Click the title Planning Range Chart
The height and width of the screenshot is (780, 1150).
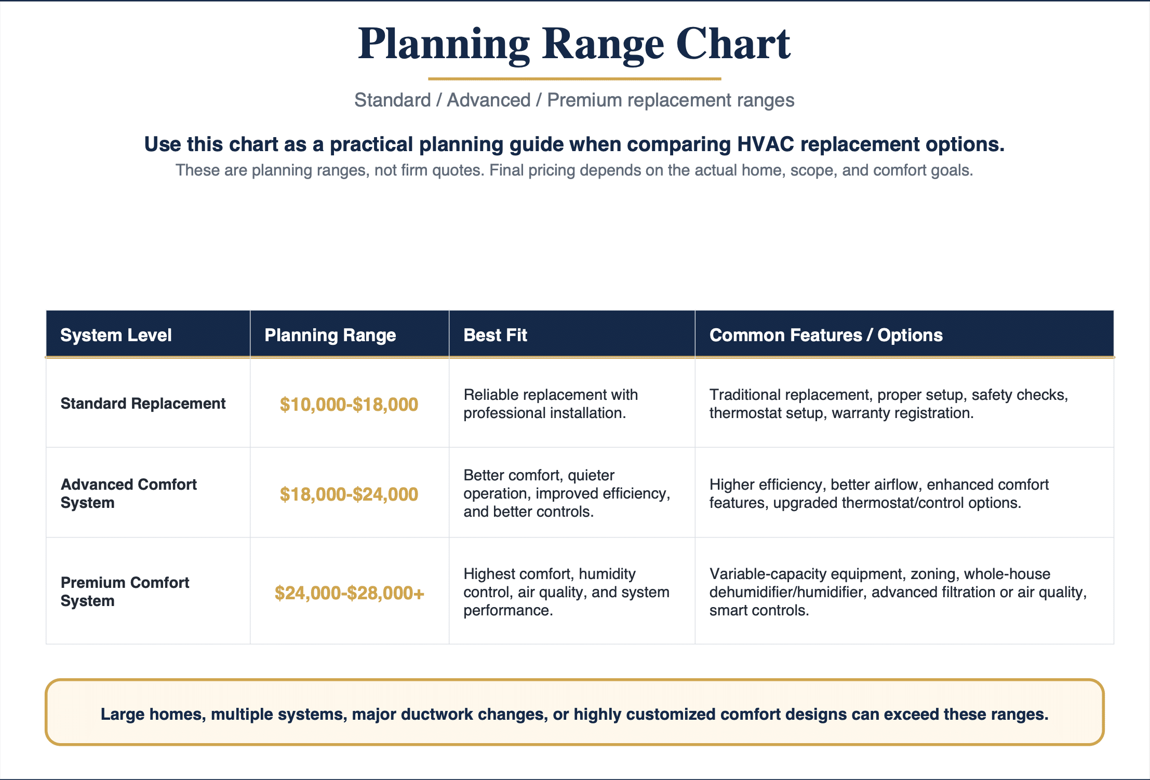coord(574,45)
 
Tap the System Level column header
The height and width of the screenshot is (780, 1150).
coord(116,335)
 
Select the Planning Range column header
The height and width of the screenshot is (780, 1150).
coord(330,335)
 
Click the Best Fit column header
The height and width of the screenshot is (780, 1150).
coord(495,335)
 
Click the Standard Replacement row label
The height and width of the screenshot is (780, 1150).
coord(143,404)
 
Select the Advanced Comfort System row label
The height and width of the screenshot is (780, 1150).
coord(128,493)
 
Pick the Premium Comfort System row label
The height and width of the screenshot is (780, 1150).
coord(125,591)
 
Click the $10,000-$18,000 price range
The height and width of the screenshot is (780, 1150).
coord(349,405)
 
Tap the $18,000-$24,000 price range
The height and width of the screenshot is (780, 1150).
coord(349,494)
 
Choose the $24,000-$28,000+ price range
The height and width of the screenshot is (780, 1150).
coord(349,593)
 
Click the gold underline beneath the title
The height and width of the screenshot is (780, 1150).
coord(574,79)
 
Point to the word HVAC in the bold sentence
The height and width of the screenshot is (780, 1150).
coord(766,144)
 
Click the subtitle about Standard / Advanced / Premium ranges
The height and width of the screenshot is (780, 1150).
coord(574,100)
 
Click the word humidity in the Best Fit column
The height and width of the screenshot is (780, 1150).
coord(607,574)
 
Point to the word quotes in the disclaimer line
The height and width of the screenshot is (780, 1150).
coord(458,171)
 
